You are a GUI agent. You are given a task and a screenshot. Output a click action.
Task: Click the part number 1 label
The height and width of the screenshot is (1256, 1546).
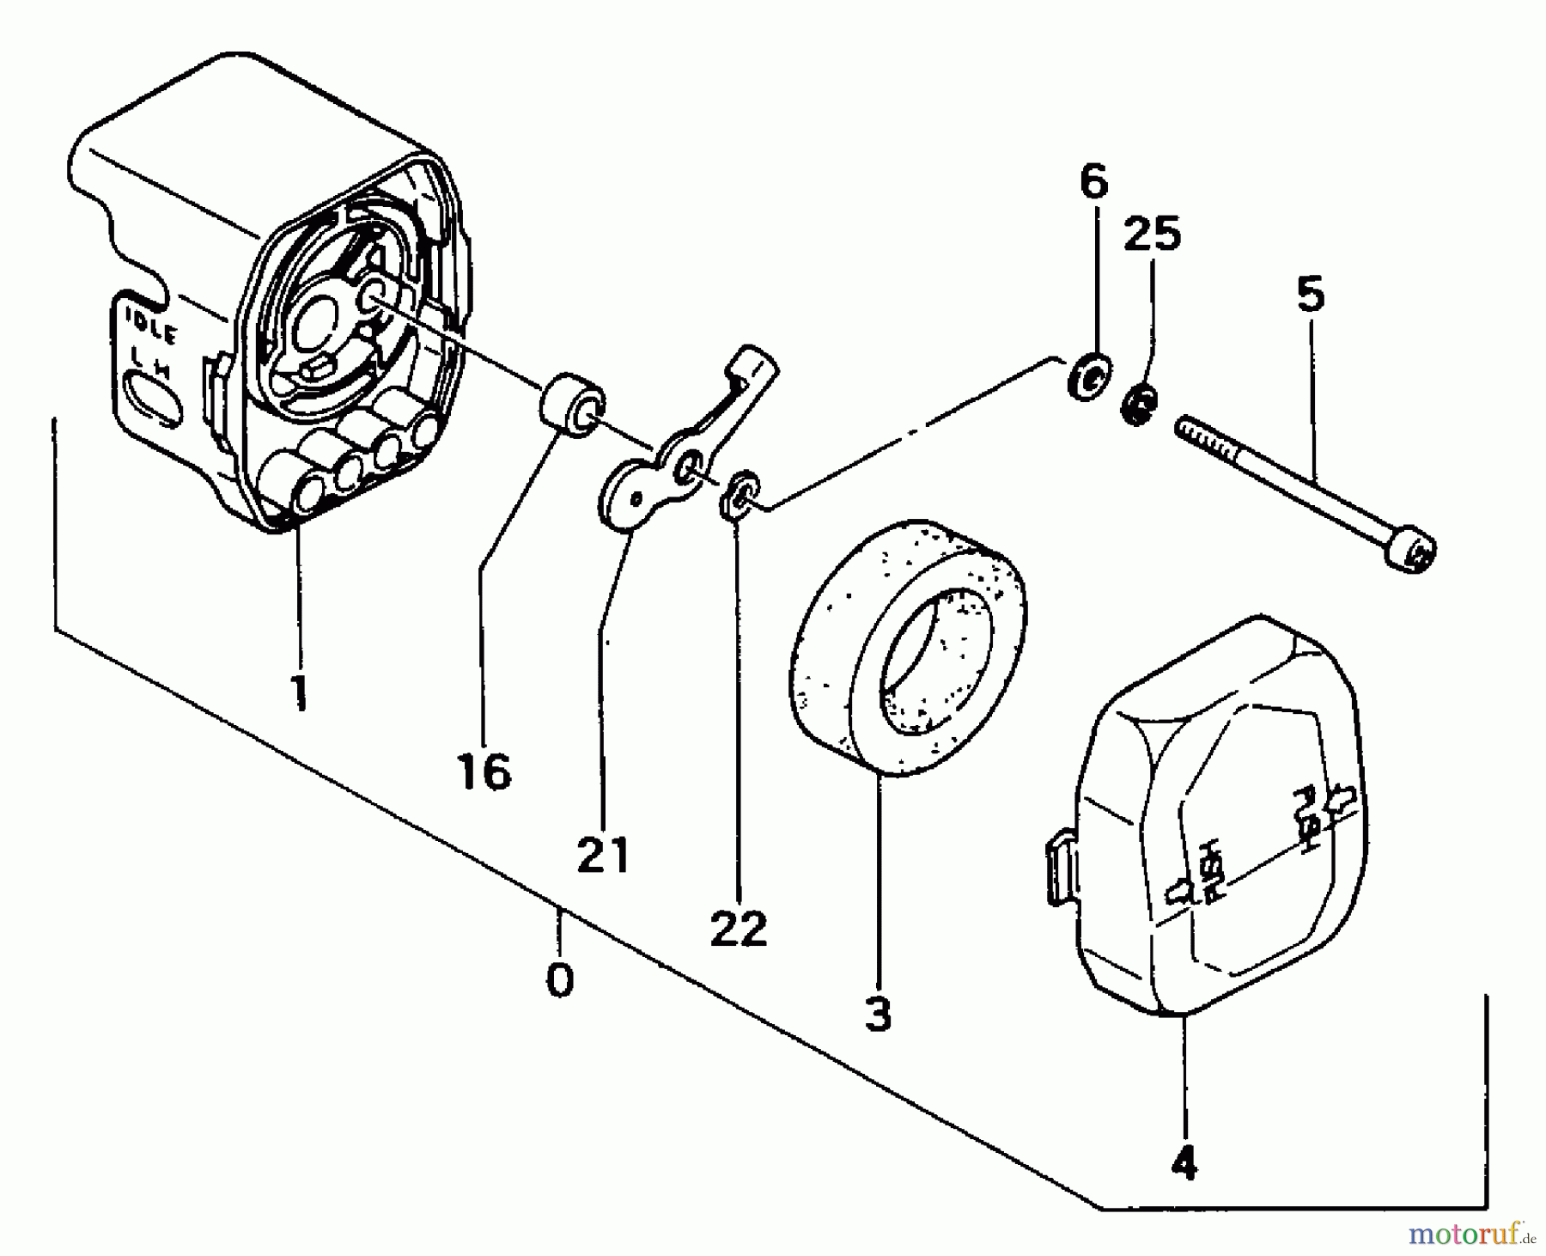(x=299, y=693)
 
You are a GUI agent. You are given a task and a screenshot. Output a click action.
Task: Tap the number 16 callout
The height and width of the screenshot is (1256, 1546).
(x=484, y=771)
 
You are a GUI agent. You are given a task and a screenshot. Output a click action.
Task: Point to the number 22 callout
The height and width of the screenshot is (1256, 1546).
(x=739, y=928)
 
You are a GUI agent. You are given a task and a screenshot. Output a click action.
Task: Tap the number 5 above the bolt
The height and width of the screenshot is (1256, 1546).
(x=1311, y=296)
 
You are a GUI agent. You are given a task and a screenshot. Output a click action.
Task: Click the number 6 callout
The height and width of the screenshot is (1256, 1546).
(x=1093, y=183)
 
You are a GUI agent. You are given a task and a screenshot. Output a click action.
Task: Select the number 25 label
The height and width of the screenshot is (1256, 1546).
(x=1153, y=234)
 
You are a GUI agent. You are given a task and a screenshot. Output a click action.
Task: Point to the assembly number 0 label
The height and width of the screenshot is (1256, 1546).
(x=560, y=979)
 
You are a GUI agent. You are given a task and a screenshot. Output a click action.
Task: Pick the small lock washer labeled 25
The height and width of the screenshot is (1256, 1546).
(x=1139, y=404)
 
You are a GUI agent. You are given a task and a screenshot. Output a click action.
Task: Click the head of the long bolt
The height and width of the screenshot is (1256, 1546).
(x=1412, y=550)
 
